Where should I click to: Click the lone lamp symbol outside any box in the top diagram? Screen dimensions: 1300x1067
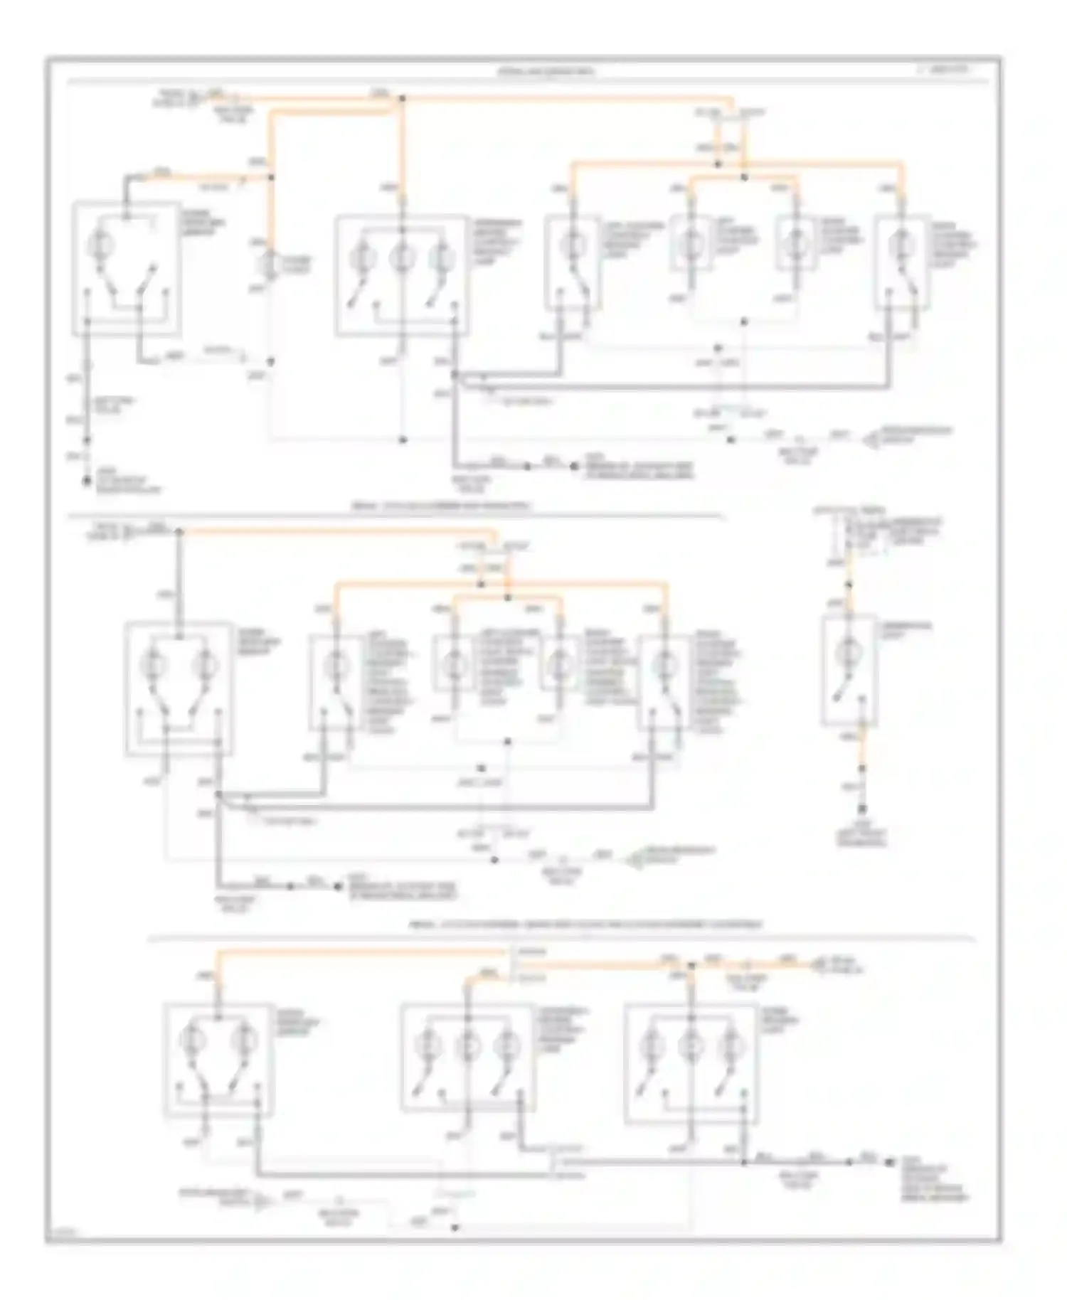270,265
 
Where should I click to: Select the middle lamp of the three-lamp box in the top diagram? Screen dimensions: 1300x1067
402,258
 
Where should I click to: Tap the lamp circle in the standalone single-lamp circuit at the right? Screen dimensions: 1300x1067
848,651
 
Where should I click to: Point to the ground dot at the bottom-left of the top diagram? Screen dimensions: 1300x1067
87,481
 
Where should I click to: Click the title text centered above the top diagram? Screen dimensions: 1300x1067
546,72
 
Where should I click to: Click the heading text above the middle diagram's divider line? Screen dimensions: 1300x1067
441,506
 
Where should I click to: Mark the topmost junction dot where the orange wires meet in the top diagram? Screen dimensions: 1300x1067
402,98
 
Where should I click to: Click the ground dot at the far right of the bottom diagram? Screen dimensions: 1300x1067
889,1162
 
